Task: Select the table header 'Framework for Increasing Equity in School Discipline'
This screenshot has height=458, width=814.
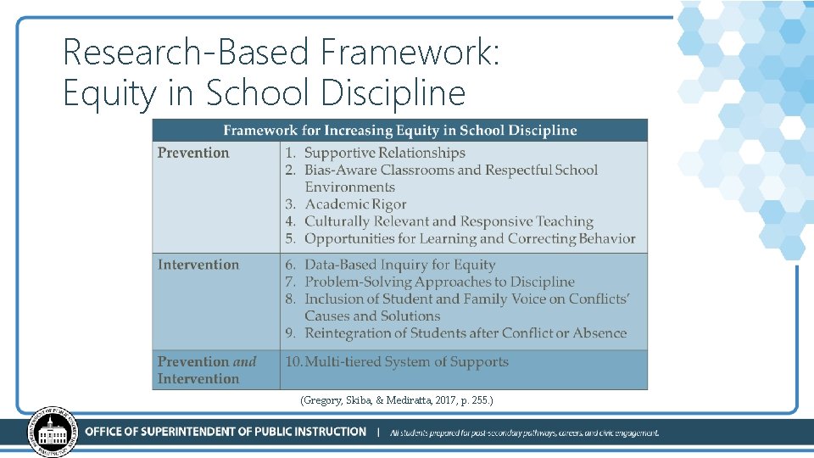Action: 399,131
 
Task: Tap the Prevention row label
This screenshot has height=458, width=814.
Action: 193,153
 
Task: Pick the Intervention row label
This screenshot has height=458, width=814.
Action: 198,265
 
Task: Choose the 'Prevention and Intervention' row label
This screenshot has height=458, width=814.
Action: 206,370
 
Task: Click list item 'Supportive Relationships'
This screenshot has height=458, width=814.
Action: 384,153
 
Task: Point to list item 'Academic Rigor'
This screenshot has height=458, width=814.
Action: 355,204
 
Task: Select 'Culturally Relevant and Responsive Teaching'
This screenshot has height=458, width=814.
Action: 449,221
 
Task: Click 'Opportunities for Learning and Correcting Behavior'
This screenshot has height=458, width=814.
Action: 470,238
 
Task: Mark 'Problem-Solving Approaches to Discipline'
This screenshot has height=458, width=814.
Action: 439,282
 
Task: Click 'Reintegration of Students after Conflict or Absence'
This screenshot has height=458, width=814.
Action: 466,333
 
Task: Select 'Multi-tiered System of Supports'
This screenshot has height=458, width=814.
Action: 406,361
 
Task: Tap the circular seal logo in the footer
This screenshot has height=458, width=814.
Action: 53,433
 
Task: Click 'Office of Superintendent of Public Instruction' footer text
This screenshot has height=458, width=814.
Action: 226,432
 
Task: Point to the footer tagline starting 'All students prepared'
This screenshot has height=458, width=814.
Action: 524,433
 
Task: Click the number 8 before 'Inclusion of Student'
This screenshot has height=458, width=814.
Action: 289,299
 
